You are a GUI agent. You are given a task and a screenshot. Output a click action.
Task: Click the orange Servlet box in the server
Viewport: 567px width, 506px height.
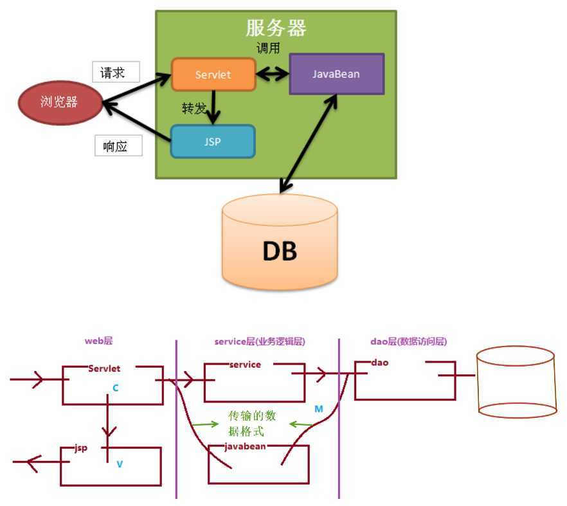click(213, 75)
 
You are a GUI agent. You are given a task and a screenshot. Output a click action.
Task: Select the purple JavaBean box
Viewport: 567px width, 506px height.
click(336, 74)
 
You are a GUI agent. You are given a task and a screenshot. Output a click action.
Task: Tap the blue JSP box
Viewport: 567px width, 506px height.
click(212, 141)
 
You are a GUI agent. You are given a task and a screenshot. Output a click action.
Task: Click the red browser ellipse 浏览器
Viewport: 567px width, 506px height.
click(59, 102)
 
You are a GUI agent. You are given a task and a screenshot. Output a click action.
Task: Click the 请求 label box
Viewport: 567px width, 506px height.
click(116, 73)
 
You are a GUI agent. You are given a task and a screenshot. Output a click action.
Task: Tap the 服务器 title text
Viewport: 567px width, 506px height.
click(276, 28)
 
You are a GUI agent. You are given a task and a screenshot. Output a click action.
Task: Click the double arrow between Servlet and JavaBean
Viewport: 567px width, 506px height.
click(273, 75)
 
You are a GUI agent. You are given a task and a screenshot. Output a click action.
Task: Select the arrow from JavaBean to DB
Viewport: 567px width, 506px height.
click(309, 143)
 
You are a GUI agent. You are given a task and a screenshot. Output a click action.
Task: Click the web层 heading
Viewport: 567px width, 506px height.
click(99, 341)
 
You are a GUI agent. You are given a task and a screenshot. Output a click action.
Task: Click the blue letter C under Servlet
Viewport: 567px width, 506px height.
click(116, 388)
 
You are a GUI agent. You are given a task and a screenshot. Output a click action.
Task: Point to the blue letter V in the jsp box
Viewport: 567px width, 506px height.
click(120, 463)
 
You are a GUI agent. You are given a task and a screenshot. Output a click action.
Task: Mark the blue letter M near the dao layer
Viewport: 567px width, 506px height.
click(319, 409)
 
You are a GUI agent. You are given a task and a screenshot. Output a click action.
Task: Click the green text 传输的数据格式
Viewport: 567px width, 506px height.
click(252, 424)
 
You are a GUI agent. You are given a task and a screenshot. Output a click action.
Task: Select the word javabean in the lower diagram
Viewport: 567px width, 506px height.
click(246, 446)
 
